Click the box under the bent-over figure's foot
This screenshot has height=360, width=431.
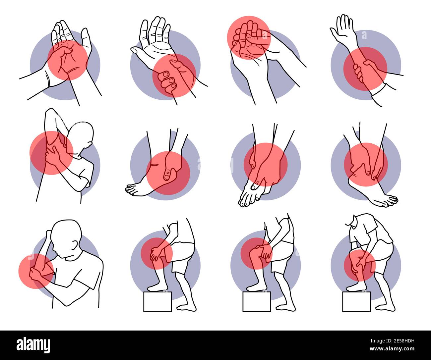click(x=356, y=301)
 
